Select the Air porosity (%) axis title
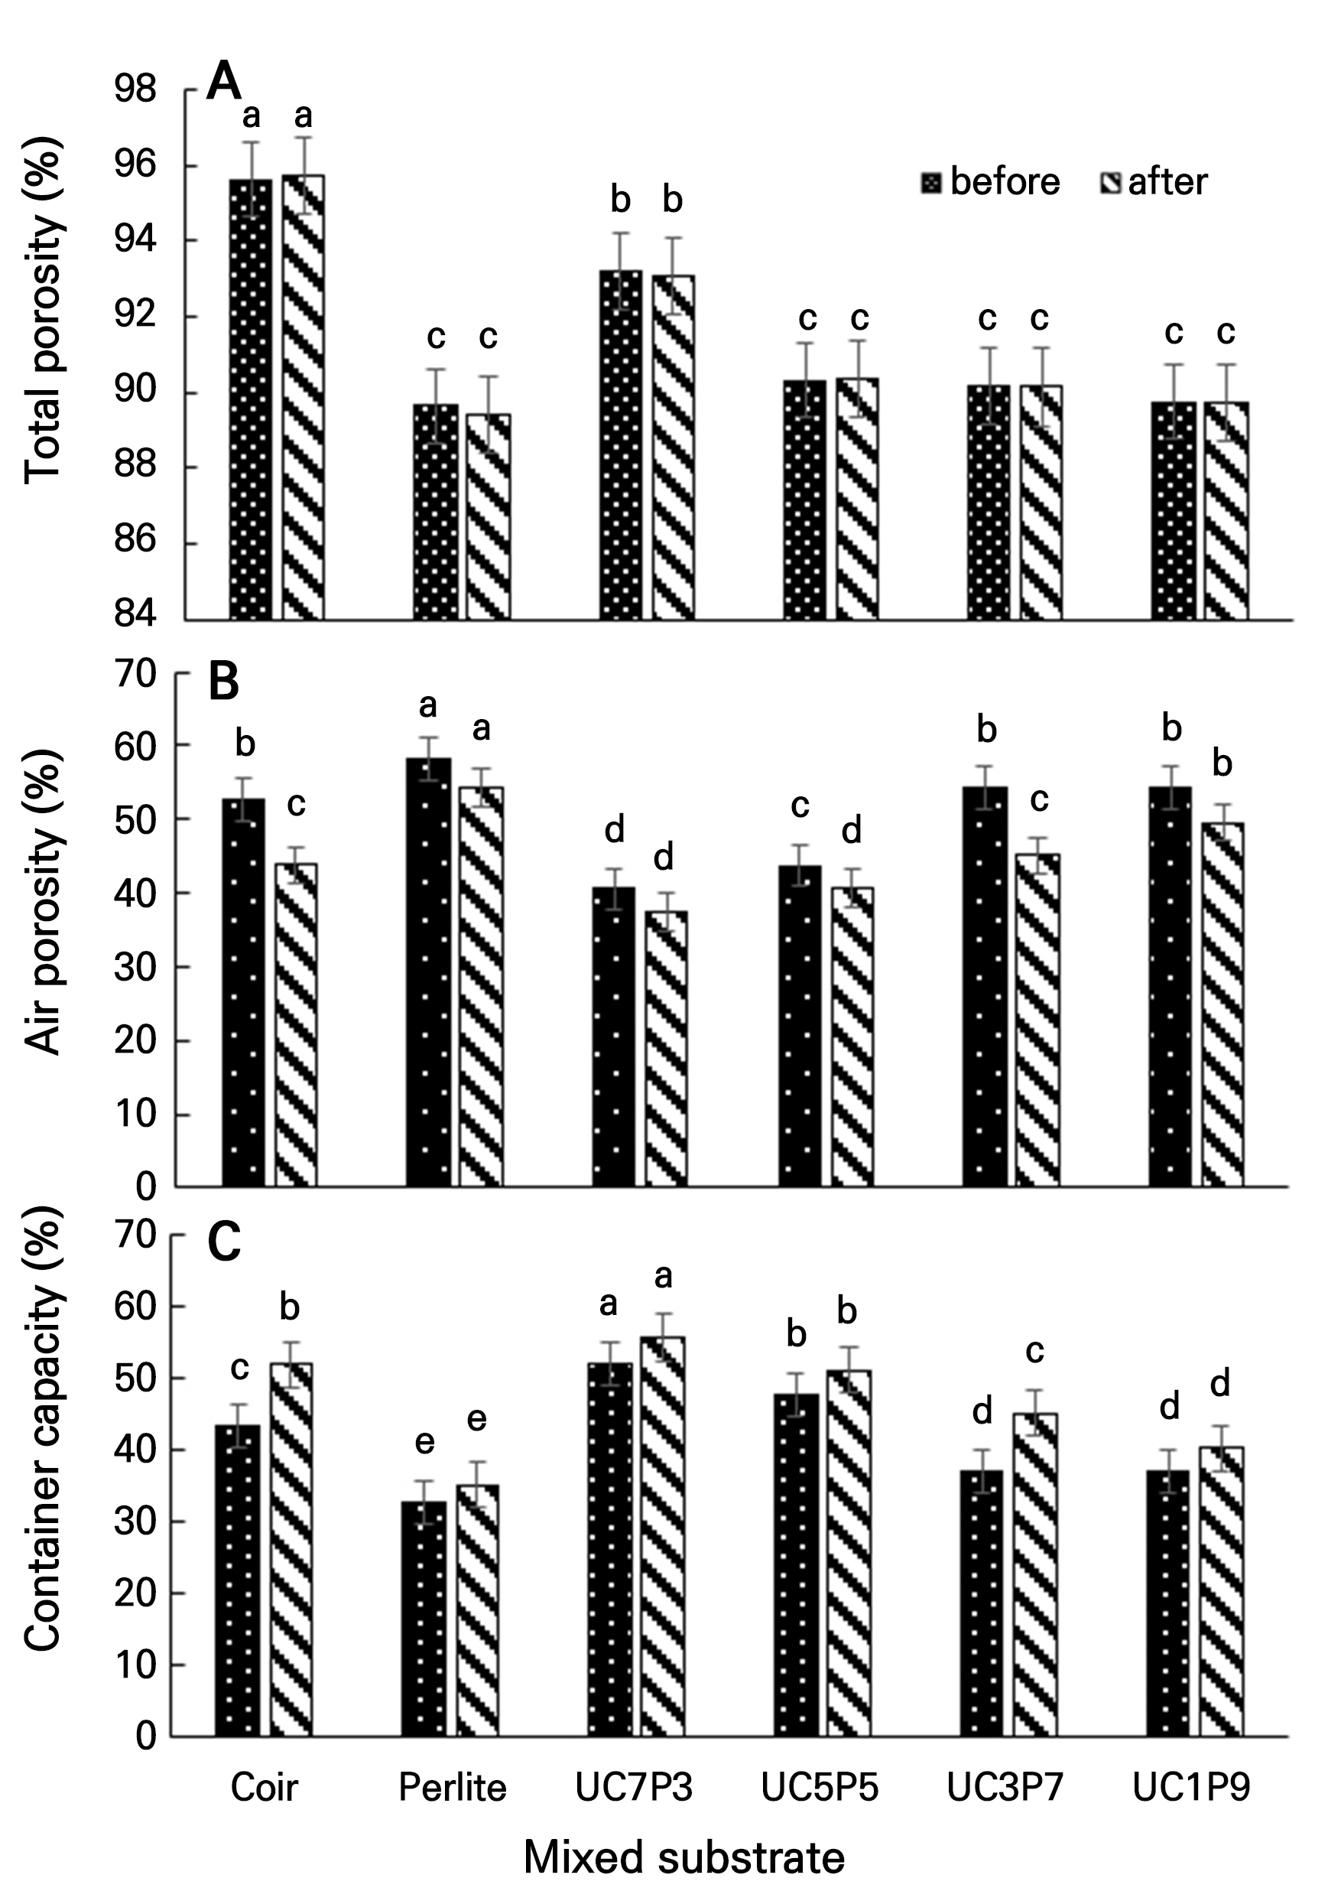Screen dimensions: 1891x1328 (x=43, y=902)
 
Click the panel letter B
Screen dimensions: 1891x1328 (x=223, y=683)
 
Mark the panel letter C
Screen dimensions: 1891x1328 (x=224, y=1243)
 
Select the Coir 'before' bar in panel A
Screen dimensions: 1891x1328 (x=250, y=399)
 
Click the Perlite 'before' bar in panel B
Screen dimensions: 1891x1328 (x=428, y=972)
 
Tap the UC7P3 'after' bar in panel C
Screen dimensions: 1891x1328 (x=662, y=1537)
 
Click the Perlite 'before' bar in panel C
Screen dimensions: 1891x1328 (x=424, y=1619)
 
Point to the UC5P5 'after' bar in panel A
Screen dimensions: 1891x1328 (x=857, y=498)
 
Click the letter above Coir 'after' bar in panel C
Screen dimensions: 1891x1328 (x=290, y=1307)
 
